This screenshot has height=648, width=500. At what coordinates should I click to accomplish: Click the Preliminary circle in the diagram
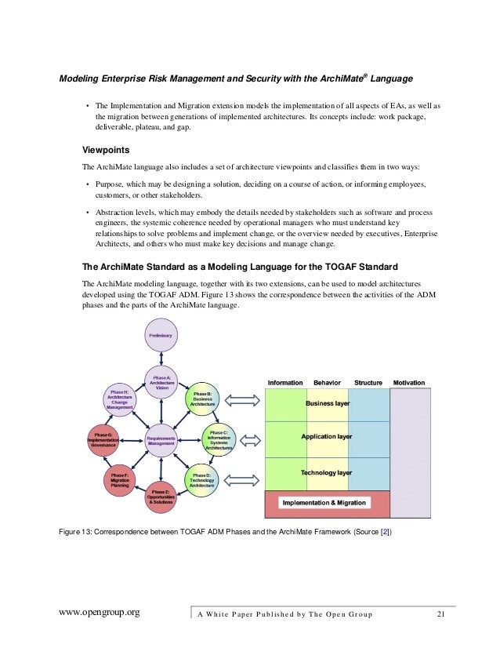[161, 336]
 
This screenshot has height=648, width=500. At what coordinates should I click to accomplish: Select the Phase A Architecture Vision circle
[161, 383]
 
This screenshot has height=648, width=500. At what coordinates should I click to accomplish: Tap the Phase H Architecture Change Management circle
[119, 399]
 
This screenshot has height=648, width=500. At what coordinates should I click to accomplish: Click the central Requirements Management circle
[161, 440]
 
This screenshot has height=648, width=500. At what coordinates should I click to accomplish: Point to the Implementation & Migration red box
[324, 503]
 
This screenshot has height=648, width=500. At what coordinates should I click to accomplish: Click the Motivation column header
[408, 383]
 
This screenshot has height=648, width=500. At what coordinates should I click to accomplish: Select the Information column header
[285, 383]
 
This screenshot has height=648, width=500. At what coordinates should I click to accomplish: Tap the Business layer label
[327, 403]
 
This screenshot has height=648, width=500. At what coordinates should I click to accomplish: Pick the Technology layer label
[327, 473]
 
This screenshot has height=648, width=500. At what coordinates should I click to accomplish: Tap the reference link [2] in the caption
[385, 533]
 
